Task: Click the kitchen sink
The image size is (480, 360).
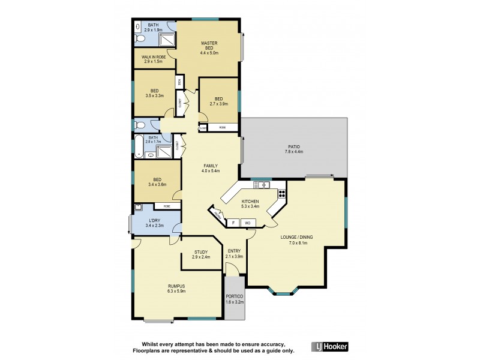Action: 262,185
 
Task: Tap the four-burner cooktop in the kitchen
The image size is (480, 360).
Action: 281,195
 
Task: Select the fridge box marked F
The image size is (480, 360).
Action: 233,223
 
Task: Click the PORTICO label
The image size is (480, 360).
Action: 234,299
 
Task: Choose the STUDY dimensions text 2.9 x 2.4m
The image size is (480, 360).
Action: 201,257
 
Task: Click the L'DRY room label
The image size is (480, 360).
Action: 155,221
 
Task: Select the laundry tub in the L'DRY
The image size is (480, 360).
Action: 139,208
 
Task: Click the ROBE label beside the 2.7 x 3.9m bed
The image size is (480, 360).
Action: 222,128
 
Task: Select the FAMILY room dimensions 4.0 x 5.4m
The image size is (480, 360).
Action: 210,171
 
